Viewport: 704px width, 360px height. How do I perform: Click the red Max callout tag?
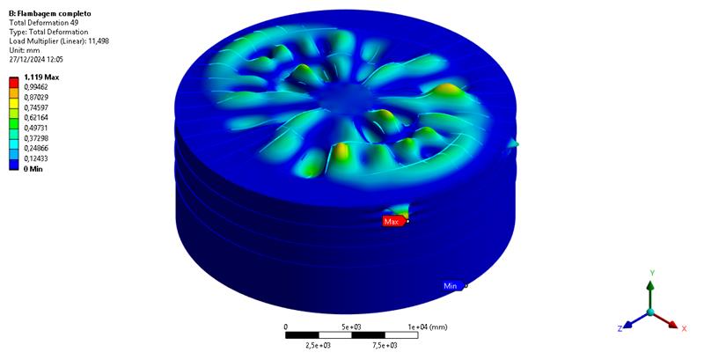tap(393, 221)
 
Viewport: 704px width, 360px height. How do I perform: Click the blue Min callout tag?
tap(452, 285)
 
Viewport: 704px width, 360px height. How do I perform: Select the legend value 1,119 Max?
tap(41, 77)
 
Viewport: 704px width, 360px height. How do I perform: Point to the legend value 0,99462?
tap(36, 87)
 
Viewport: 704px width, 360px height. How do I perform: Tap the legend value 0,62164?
tap(36, 118)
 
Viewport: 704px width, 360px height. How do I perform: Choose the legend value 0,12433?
tap(36, 158)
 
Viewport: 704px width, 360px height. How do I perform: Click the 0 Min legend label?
tap(33, 169)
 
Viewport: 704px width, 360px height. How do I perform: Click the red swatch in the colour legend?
tap(14, 82)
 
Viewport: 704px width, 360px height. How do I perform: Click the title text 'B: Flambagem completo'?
tap(50, 13)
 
